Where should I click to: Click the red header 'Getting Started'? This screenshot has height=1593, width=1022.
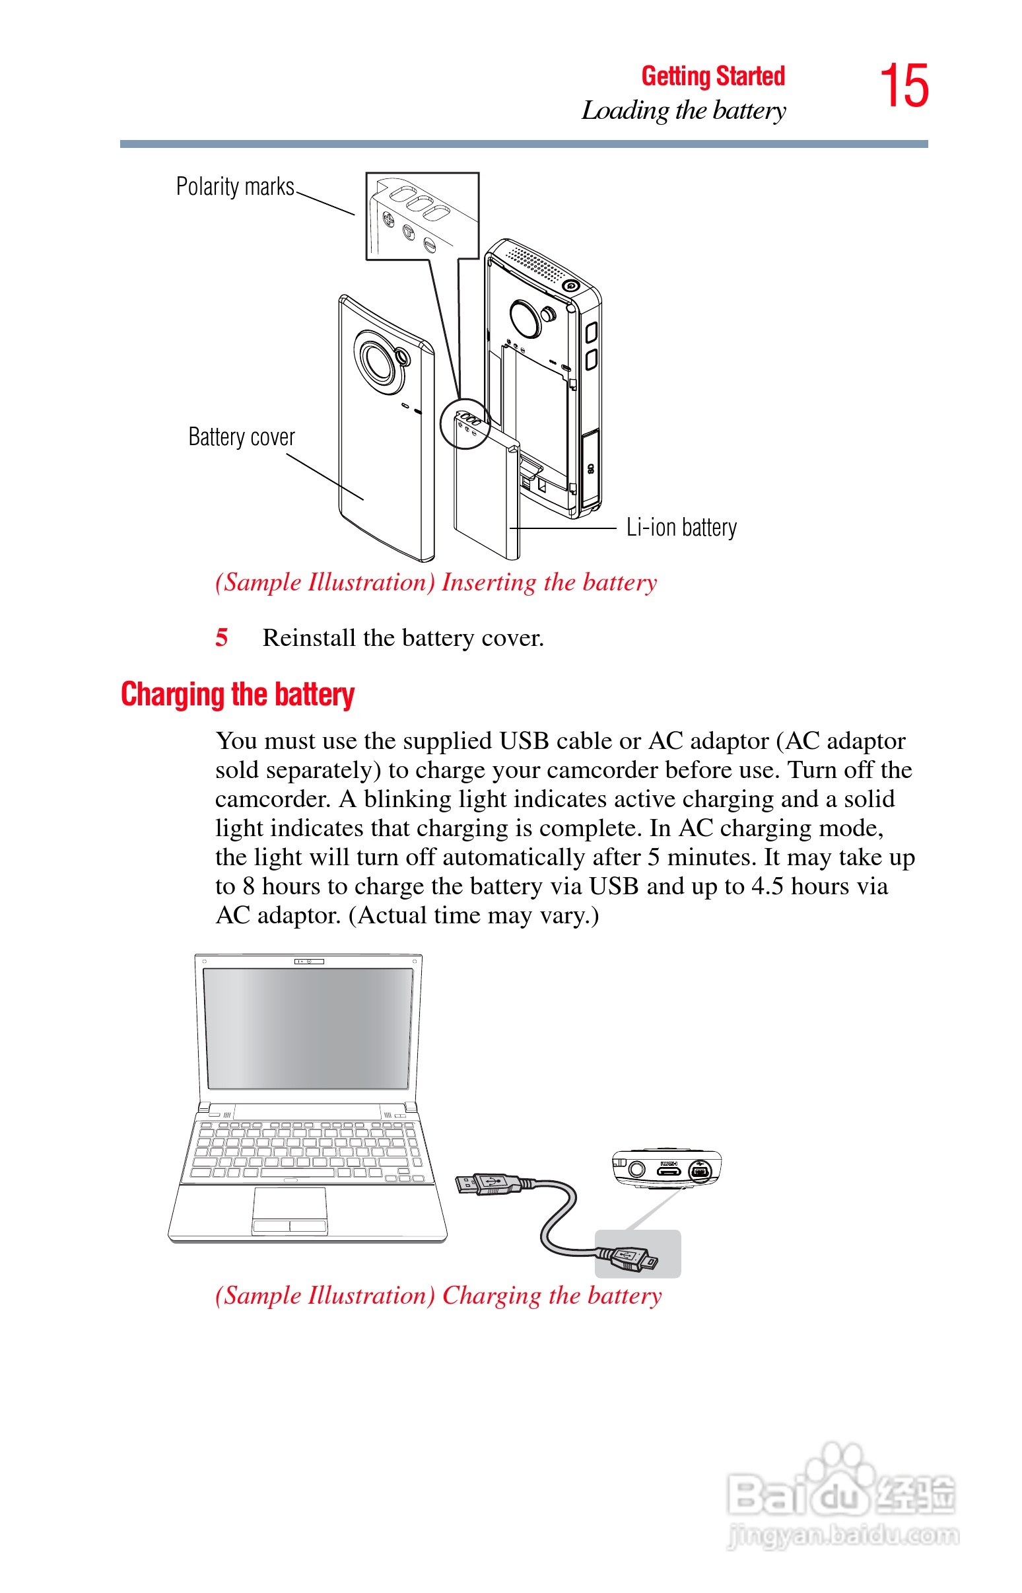713,77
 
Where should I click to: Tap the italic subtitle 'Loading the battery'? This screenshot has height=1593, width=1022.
683,111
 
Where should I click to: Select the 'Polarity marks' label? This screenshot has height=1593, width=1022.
235,187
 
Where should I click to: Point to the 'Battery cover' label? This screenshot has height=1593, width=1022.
242,437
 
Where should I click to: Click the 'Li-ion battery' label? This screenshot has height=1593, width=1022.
681,528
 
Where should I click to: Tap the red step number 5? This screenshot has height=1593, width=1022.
222,638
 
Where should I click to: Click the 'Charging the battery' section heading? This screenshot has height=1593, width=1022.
238,695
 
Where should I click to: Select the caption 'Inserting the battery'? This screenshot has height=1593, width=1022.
549,583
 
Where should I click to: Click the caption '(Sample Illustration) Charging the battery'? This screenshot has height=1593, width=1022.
438,1296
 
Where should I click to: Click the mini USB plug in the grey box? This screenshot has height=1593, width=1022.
630,1256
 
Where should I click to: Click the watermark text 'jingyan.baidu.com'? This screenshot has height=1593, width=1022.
843,1535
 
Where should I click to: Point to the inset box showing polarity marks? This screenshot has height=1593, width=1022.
422,216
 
